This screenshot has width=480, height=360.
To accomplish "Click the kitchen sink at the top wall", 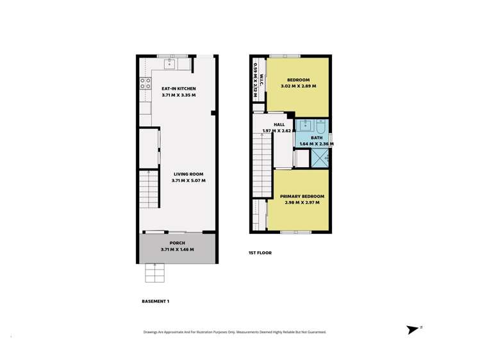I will pyautogui.click(x=170, y=63).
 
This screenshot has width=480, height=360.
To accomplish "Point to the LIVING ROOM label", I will pyautogui.click(x=188, y=174).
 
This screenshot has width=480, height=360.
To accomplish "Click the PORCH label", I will pyautogui.click(x=178, y=243).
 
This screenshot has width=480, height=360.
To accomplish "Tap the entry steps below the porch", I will pyautogui.click(x=154, y=273).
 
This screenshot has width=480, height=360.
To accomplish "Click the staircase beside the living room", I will pyautogui.click(x=148, y=190).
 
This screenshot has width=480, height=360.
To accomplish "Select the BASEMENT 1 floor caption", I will pyautogui.click(x=154, y=300).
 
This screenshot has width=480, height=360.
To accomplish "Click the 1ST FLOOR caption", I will pyautogui.click(x=260, y=253).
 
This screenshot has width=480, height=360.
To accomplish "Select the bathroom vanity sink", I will pyautogui.click(x=305, y=124).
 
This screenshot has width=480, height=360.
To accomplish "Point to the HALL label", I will pyautogui.click(x=279, y=125).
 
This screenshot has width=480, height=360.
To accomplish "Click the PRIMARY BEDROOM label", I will pyautogui.click(x=302, y=196).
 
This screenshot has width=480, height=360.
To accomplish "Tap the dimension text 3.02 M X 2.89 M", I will pyautogui.click(x=298, y=86).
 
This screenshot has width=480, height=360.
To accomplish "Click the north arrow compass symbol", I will pyautogui.click(x=412, y=330).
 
